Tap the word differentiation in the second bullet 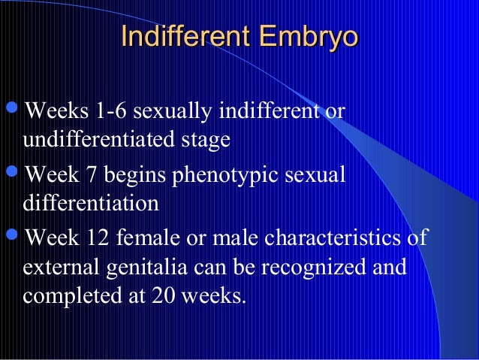tap(91, 203)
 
